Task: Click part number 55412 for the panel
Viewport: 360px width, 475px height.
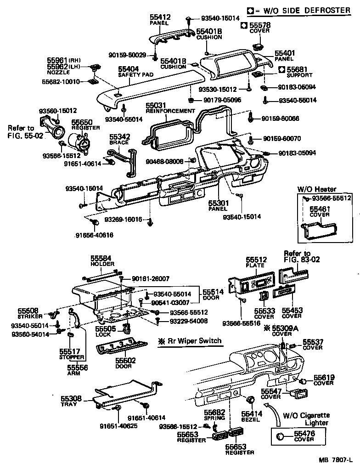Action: click(160, 17)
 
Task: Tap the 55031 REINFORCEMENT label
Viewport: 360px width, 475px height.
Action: click(169, 108)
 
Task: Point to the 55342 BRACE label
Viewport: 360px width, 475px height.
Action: click(119, 139)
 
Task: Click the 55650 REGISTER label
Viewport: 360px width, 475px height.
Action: click(82, 124)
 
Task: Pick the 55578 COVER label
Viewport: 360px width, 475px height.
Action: click(259, 27)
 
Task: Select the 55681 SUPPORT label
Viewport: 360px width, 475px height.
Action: click(299, 72)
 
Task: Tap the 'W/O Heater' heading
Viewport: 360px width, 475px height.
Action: click(316, 189)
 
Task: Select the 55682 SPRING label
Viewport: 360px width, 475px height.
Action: click(214, 415)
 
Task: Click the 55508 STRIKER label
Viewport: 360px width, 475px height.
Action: click(30, 313)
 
